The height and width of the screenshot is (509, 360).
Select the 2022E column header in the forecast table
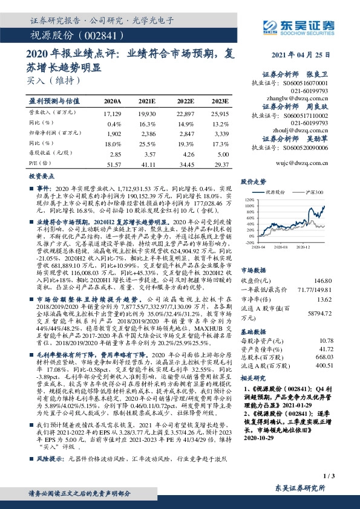coord(185,100)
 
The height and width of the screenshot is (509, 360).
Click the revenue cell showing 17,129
coord(113,113)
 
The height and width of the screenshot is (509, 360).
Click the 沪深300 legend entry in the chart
coord(315,191)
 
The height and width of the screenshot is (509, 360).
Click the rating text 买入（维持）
coord(45,79)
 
